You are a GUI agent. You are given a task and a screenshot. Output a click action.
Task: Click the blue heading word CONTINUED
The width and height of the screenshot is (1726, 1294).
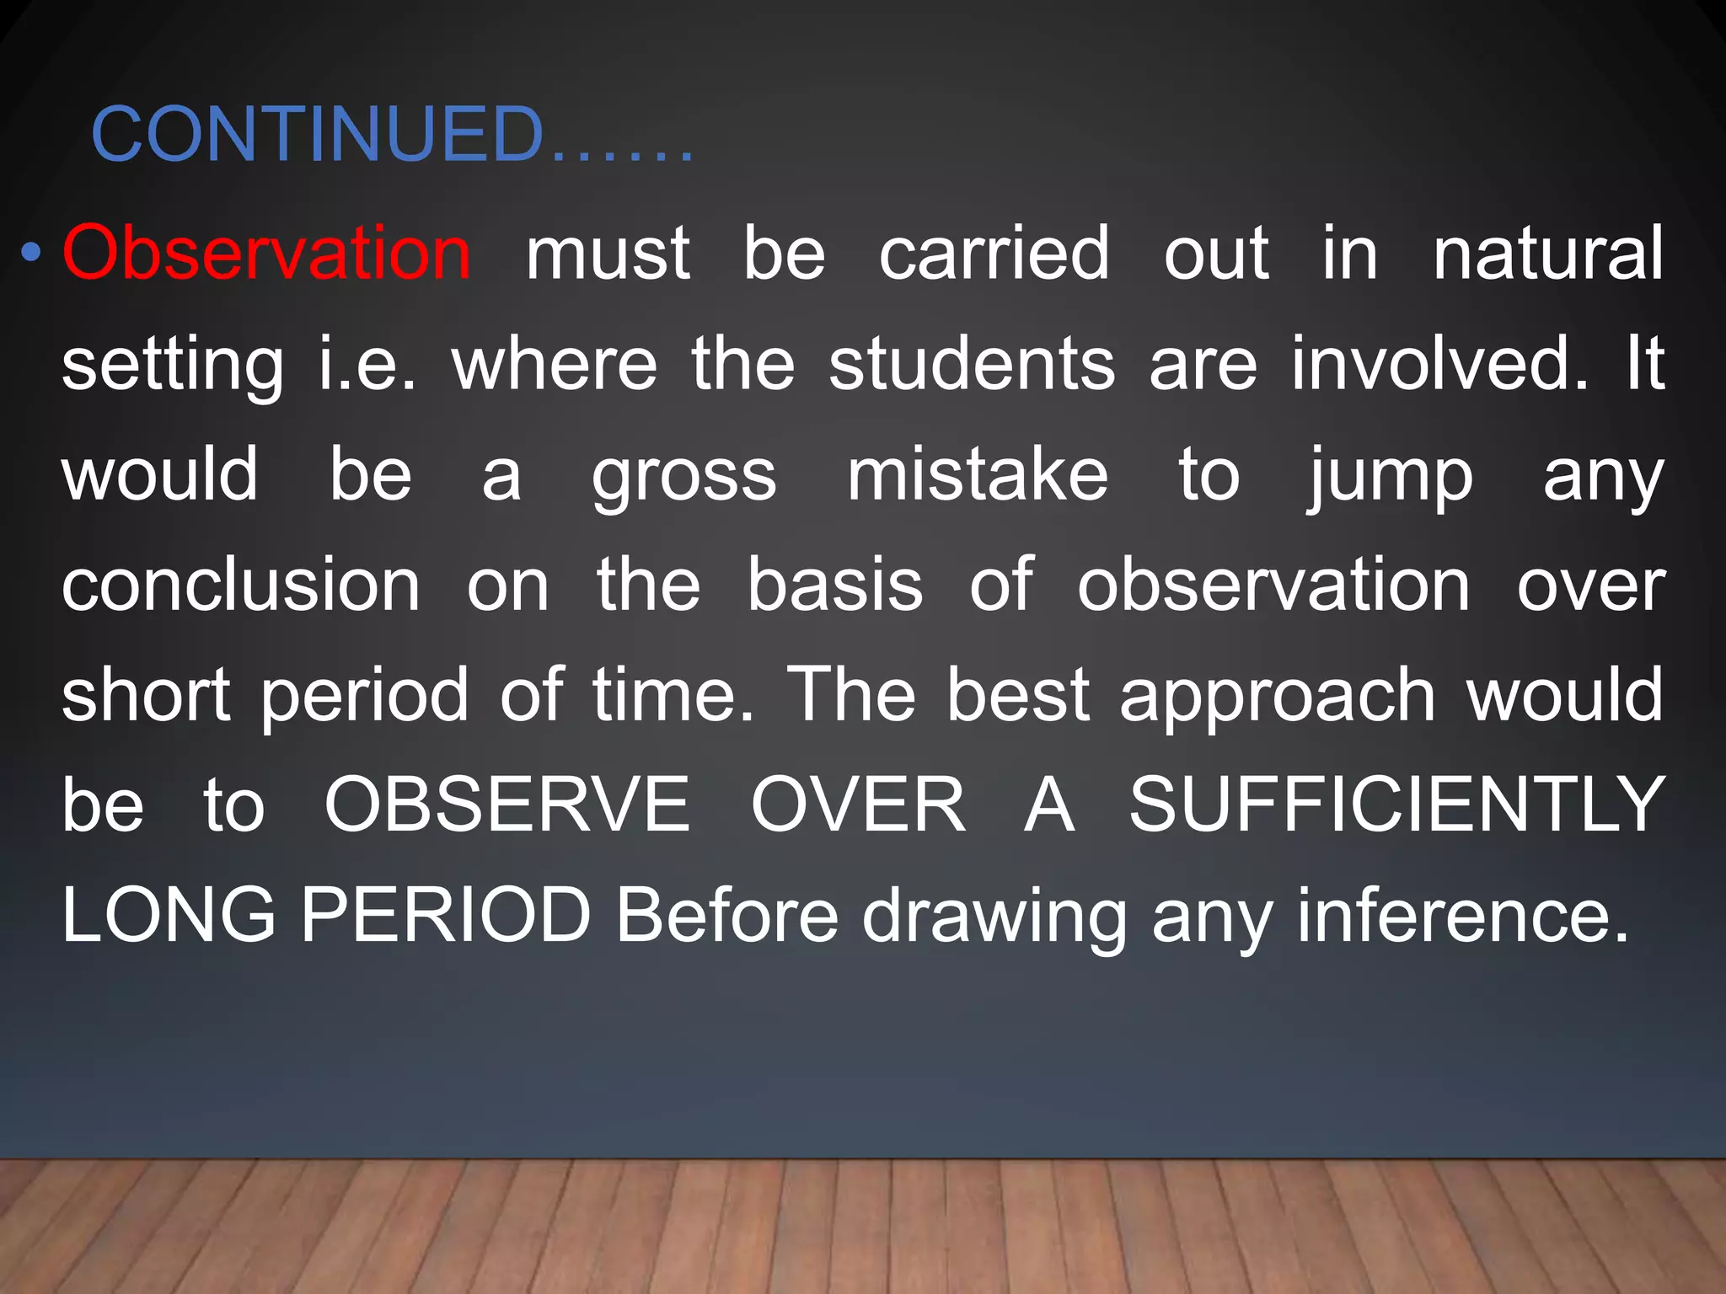(x=318, y=135)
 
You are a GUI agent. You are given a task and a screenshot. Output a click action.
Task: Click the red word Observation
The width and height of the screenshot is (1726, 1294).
(x=266, y=253)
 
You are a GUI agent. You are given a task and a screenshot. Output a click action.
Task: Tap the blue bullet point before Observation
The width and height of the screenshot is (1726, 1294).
(x=31, y=253)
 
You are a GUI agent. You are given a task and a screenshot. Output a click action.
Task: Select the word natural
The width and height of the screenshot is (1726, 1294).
(x=1548, y=253)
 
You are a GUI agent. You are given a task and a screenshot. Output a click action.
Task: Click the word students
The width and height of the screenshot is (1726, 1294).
(x=972, y=364)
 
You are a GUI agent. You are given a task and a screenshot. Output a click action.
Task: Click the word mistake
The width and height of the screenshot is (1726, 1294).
(x=978, y=475)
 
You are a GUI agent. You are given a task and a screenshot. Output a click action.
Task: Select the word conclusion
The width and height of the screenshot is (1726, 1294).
(x=241, y=586)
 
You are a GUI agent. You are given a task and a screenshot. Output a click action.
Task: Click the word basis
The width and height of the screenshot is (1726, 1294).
(x=834, y=586)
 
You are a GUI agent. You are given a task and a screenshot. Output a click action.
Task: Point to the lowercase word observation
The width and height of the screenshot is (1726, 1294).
(x=1273, y=586)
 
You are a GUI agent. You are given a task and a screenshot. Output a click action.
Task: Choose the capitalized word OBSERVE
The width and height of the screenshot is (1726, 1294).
(x=507, y=805)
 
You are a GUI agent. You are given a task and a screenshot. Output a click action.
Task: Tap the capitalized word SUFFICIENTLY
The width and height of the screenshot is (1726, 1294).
(x=1396, y=805)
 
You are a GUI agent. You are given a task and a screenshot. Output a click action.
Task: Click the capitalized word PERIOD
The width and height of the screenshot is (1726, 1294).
(x=446, y=916)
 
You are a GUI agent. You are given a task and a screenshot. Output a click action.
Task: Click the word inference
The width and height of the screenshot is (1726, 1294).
(x=1463, y=916)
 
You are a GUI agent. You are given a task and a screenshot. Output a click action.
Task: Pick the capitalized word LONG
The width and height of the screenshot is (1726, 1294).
(x=169, y=916)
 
